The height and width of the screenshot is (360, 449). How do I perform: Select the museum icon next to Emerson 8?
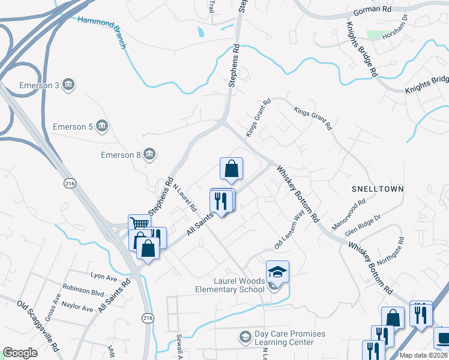click(x=149, y=155)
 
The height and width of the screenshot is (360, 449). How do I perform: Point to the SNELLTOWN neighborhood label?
click(x=378, y=189)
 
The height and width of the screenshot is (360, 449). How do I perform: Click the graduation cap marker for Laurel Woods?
click(x=277, y=272)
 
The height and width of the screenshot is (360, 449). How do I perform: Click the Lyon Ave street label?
click(x=103, y=277)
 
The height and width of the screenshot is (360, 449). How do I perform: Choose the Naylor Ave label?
click(x=77, y=307)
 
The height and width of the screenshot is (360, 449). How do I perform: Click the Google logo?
click(x=20, y=353)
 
